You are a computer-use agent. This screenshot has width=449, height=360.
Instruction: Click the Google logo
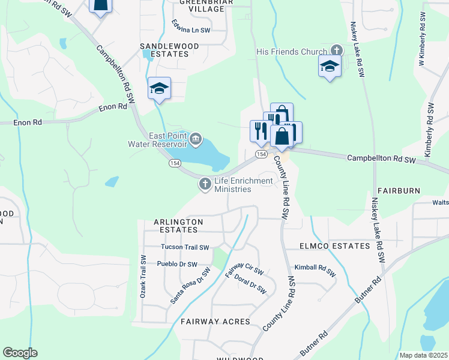(20, 353)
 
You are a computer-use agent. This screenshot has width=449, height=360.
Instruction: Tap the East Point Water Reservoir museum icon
(196, 140)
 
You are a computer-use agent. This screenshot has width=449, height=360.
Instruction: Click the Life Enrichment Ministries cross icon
(205, 184)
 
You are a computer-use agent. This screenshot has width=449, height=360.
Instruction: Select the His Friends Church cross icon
(336, 51)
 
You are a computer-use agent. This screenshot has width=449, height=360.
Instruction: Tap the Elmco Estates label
(335, 247)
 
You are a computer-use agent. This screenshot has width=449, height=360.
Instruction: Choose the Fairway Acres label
(215, 322)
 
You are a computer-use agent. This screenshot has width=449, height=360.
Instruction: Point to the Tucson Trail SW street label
(185, 247)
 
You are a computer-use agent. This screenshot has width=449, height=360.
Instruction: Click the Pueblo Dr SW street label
(176, 264)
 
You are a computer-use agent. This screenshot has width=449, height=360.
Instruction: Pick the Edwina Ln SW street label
(191, 29)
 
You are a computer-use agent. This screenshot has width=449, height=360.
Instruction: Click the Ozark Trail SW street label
(143, 277)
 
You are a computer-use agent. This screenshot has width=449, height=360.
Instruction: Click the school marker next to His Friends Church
(330, 66)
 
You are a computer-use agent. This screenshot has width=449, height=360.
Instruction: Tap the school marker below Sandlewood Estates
(159, 88)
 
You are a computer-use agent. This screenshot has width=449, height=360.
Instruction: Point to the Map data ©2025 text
(424, 355)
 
